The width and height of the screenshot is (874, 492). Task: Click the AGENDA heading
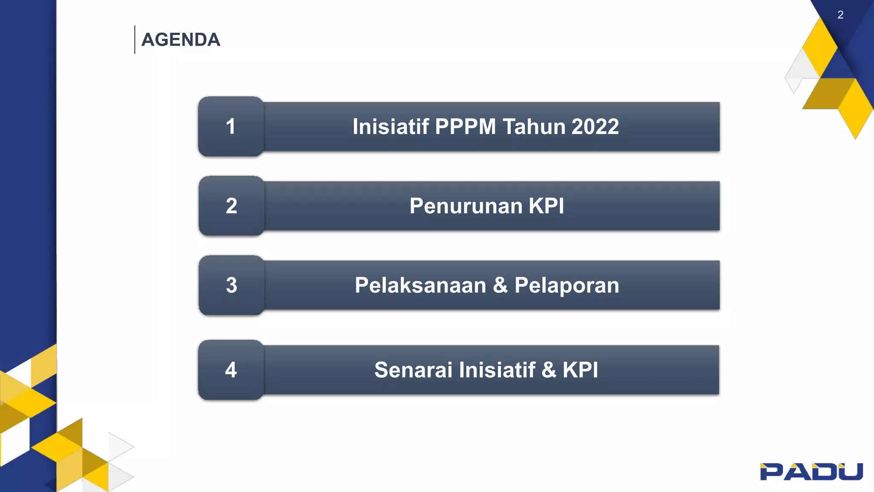pos(181,40)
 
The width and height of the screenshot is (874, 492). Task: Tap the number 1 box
pos(231,126)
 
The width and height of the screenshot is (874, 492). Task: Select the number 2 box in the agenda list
pos(231,206)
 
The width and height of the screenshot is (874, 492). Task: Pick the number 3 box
pos(231,285)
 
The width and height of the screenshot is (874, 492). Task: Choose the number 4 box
pos(231,370)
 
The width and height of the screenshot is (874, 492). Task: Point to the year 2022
pos(595,127)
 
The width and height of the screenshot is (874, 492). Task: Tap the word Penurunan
pos(465,206)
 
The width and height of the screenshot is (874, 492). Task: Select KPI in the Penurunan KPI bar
pos(546,206)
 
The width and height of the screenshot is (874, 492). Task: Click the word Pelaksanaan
pos(420,285)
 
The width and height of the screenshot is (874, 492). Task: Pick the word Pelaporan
pos(567,286)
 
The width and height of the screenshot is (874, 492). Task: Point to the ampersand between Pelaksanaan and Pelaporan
pos(500,285)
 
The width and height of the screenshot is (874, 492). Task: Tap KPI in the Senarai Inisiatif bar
pos(580,370)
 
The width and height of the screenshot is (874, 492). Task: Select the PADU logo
pos(811,471)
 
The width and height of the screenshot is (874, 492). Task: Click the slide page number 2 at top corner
pos(840,15)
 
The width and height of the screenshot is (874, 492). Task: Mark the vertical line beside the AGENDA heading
pos(135,40)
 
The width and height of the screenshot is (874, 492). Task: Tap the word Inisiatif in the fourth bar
pos(497,370)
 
